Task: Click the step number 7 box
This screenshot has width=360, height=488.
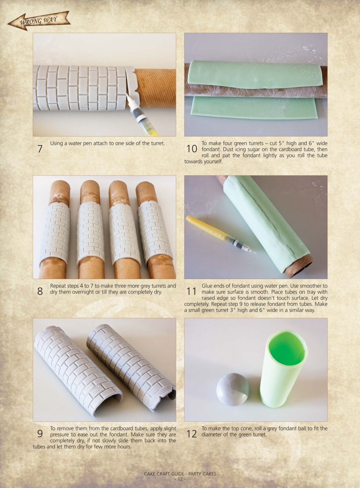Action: tap(40, 149)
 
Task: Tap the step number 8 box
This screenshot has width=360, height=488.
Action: tap(40, 291)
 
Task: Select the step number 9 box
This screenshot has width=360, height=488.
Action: tap(40, 433)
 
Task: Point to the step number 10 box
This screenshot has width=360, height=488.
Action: tap(191, 149)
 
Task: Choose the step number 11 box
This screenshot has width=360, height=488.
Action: tap(191, 291)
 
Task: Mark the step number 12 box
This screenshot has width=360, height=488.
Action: tap(191, 433)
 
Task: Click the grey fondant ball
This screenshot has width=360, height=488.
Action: tap(233, 389)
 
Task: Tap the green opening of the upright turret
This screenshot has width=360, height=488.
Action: tap(287, 348)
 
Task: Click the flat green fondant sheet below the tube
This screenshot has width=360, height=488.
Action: tap(254, 108)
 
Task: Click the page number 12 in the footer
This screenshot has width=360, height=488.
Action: tap(180, 479)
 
